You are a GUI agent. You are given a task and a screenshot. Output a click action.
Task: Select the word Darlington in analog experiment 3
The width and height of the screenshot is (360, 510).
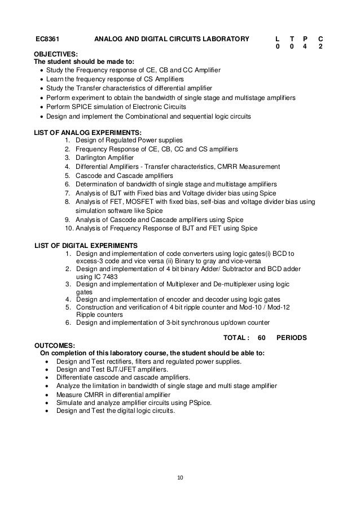93,158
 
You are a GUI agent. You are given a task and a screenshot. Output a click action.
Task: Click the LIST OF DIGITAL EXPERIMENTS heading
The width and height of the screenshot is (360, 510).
86,245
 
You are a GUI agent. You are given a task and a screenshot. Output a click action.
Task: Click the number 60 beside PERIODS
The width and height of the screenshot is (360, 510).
261,337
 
